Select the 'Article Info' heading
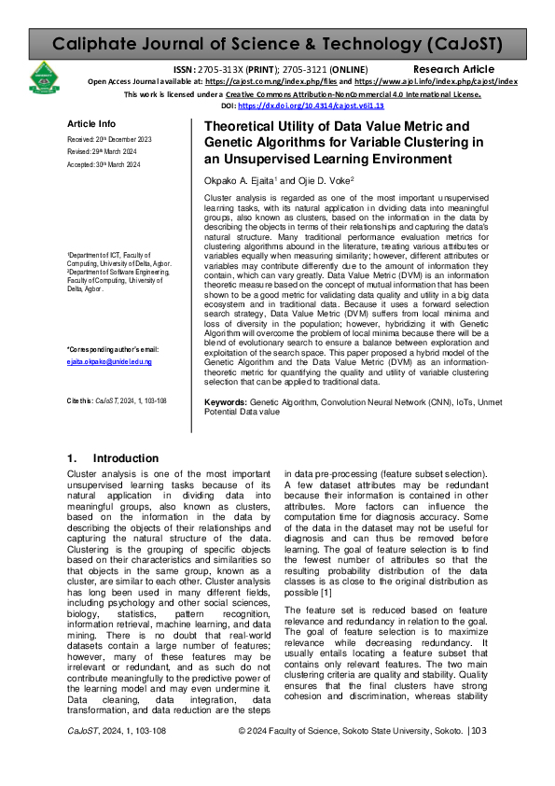click(91, 124)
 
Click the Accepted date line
click(104, 164)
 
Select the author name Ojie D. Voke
click(319, 181)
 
